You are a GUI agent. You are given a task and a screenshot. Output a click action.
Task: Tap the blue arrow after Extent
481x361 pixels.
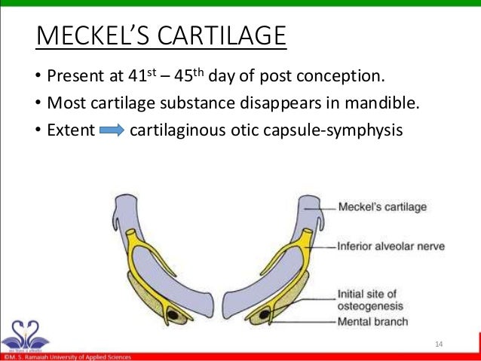(111, 131)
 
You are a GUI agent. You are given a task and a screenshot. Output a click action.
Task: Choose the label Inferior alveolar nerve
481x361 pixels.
(381, 246)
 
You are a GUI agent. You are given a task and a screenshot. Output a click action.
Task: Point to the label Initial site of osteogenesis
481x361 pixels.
(371, 300)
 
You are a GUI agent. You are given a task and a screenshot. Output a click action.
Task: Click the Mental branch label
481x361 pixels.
(372, 322)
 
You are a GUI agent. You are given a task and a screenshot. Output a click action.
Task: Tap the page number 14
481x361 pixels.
(440, 344)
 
